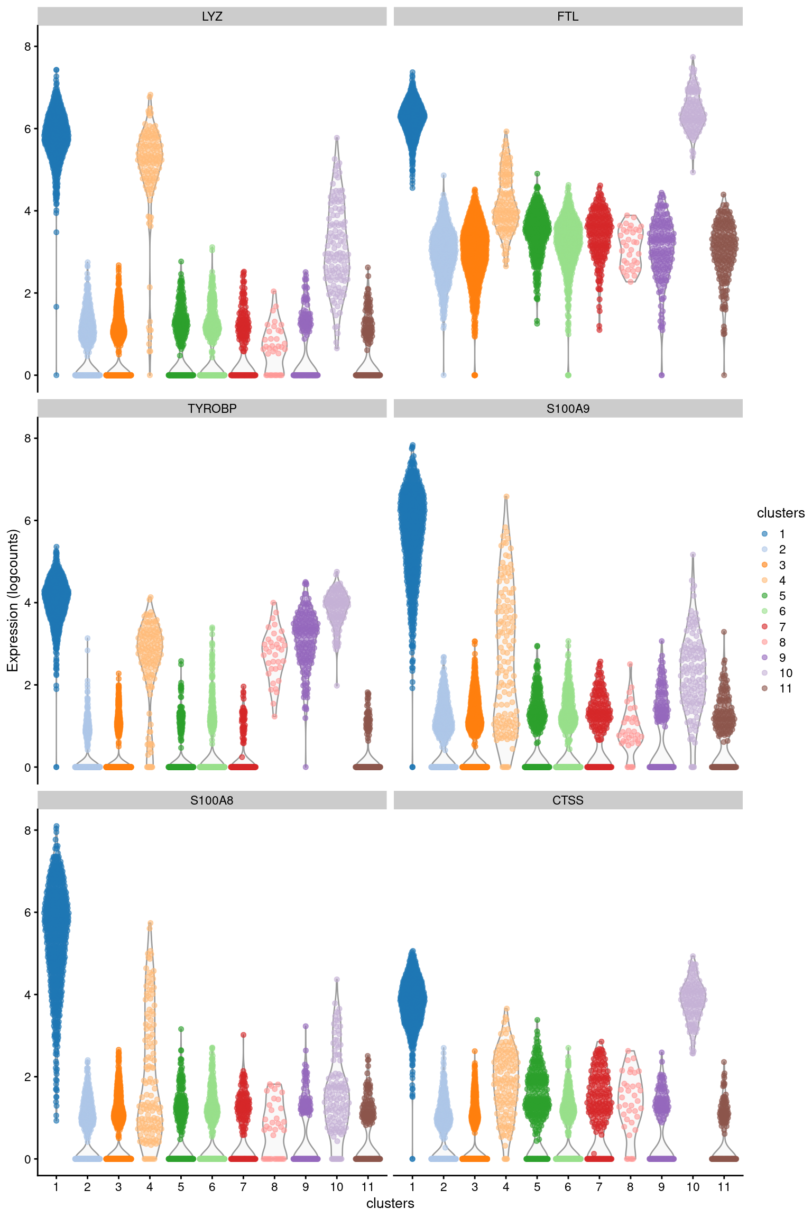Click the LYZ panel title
pos(211,16)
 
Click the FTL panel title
pos(568,16)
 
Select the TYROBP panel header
pos(211,409)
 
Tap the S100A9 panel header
pos(568,409)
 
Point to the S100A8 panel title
pos(211,800)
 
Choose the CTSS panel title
pos(568,800)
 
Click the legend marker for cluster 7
pos(764,627)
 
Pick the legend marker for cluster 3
pos(764,565)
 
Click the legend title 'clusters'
pos(780,513)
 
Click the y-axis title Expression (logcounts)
pos(13,601)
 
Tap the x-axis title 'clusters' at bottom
pos(390,1203)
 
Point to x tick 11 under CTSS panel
pos(724,1187)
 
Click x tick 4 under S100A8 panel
pos(150,1187)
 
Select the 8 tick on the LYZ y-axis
pos(27,47)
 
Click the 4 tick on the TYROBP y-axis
pos(27,603)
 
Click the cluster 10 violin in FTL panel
pos(693,114)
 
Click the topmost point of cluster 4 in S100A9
pos(506,497)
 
